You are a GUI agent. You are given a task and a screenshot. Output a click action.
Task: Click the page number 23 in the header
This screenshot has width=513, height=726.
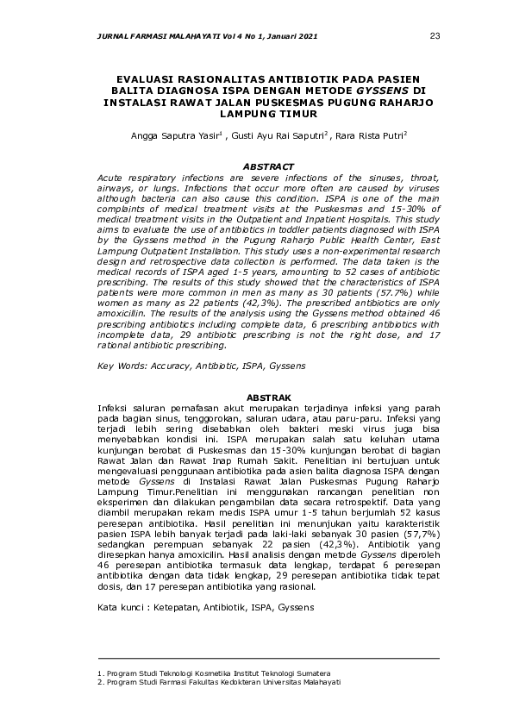(x=435, y=35)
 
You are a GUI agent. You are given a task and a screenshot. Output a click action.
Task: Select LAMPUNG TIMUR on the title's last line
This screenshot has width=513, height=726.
(x=257, y=113)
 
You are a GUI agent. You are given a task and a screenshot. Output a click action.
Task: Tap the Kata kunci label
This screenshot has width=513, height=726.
(x=122, y=608)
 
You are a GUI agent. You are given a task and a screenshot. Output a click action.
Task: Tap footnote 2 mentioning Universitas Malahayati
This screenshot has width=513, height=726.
(x=219, y=681)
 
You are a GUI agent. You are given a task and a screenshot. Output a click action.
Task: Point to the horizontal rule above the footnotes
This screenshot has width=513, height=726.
(x=267, y=659)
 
